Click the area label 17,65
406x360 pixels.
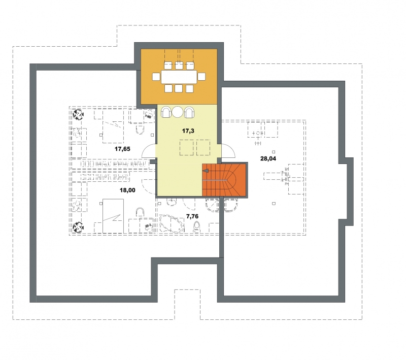pos(122,149)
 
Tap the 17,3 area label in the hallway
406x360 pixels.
pos(188,131)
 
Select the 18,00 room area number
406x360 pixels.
pos(127,190)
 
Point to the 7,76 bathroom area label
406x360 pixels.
pos(192,216)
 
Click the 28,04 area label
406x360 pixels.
pos(268,158)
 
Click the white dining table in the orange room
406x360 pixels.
pos(179,77)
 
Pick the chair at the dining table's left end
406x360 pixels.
pos(156,77)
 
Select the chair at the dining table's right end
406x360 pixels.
pos(201,77)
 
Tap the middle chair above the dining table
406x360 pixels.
pos(179,66)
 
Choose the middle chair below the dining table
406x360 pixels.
pos(179,88)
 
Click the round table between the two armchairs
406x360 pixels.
pos(178,112)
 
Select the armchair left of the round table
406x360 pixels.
pos(166,112)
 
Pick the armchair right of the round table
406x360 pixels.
pos(189,112)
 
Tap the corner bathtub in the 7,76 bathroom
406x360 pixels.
pos(172,223)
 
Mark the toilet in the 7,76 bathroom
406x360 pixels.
pos(197,228)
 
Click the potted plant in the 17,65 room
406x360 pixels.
pos(78,114)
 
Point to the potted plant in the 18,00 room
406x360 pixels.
pos(78,227)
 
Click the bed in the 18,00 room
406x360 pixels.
pos(113,216)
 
